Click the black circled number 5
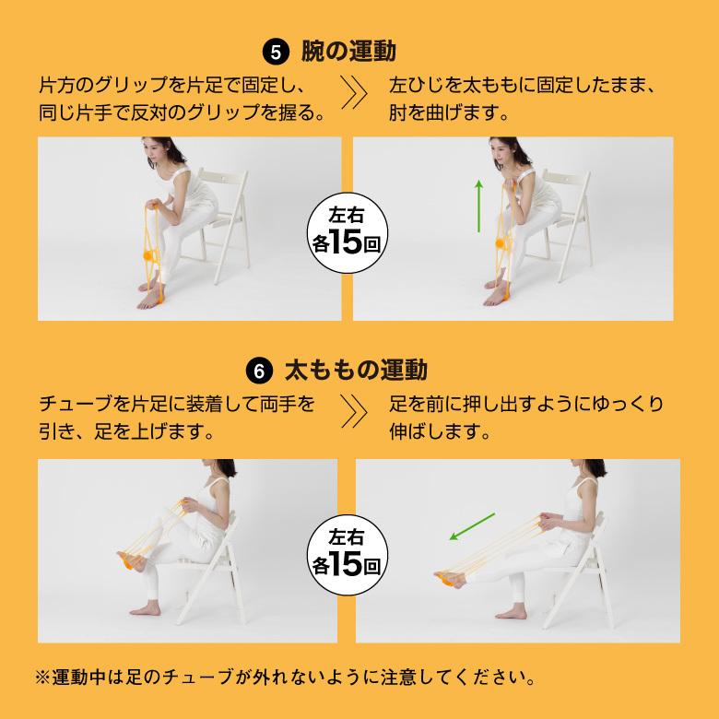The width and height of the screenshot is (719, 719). click(x=275, y=50)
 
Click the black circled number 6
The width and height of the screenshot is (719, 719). click(x=262, y=371)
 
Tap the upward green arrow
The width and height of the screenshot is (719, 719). click(x=478, y=206)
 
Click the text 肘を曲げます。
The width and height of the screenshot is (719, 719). click(x=449, y=115)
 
